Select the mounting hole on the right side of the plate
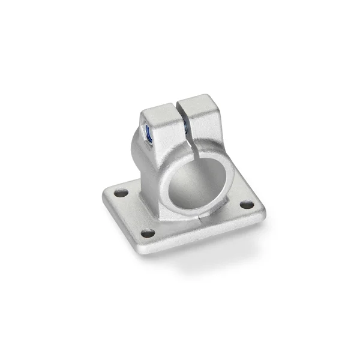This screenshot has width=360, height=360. [246, 205]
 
